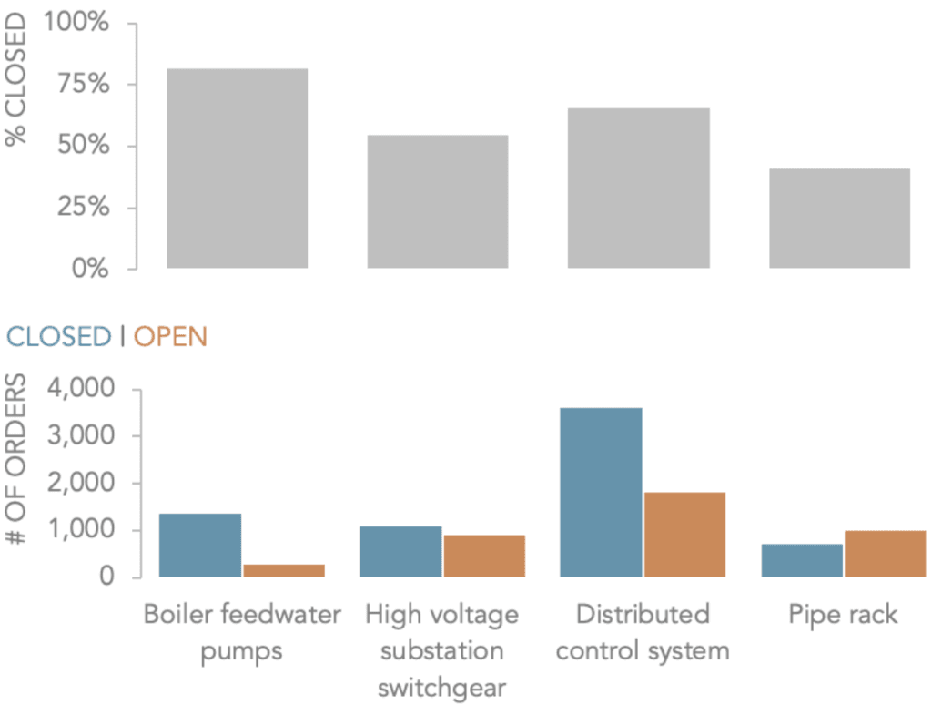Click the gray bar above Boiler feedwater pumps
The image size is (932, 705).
[x=237, y=169]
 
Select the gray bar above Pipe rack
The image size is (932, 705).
[x=839, y=218]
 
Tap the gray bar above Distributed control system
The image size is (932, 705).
[x=638, y=188]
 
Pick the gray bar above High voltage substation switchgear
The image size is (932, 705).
[x=438, y=201]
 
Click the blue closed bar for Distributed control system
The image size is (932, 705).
[x=602, y=492]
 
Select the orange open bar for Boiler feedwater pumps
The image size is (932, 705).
[x=284, y=570]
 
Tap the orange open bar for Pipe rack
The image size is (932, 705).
[x=885, y=554]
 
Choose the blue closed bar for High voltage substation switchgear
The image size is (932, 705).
[x=400, y=551]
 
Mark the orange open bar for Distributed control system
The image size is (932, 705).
[x=684, y=534]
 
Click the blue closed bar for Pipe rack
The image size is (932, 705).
[x=802, y=560]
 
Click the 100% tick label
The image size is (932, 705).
[x=75, y=23]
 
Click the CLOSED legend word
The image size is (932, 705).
[x=58, y=337]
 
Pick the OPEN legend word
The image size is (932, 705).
[x=170, y=337]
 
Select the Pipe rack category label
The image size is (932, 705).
[x=843, y=614]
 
